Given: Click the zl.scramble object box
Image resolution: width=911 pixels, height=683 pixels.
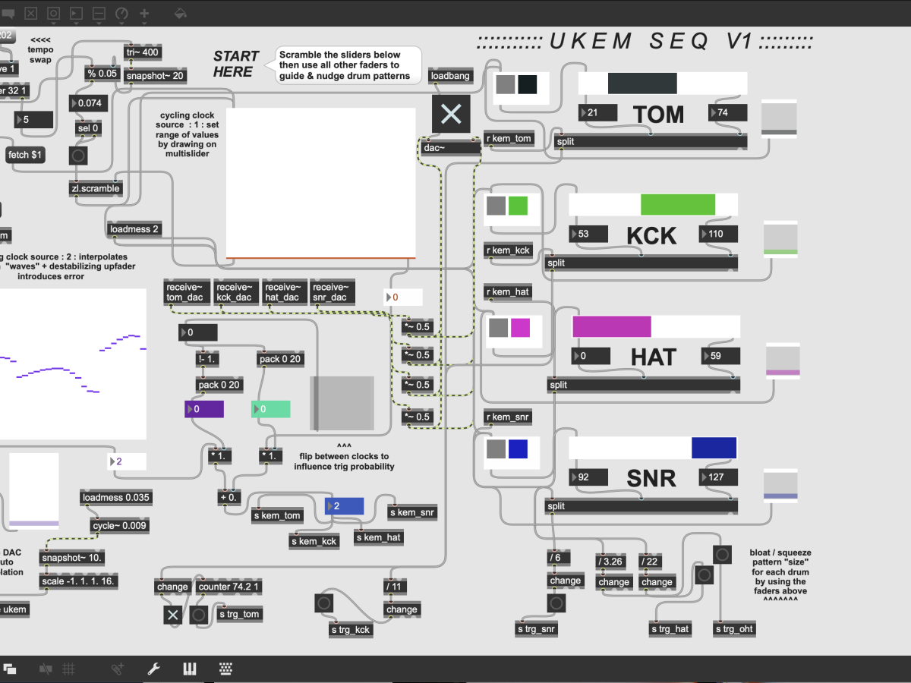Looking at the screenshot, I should point(96,188).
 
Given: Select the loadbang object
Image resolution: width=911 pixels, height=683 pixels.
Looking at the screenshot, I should point(451,76).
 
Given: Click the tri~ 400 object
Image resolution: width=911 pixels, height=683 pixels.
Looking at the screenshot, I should point(143,52).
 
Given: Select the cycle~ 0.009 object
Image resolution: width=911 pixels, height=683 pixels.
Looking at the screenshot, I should point(119,525).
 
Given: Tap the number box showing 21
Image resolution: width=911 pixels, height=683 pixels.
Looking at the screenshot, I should point(597,113).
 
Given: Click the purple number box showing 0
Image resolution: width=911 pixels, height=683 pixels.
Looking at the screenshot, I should point(204,409).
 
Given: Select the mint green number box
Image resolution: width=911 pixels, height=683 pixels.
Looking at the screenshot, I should point(270,409).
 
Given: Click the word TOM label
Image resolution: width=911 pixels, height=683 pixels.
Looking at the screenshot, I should point(658,115).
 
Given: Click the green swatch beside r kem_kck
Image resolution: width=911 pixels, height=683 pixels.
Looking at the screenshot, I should point(518,206).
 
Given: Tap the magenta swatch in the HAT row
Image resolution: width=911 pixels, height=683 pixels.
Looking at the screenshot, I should point(520,328).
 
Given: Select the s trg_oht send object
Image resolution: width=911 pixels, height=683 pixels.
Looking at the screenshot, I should point(733,629).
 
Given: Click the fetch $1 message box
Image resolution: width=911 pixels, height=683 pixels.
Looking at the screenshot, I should point(26,155).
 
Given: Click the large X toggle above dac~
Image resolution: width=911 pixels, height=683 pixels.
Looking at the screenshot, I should point(451,114).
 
